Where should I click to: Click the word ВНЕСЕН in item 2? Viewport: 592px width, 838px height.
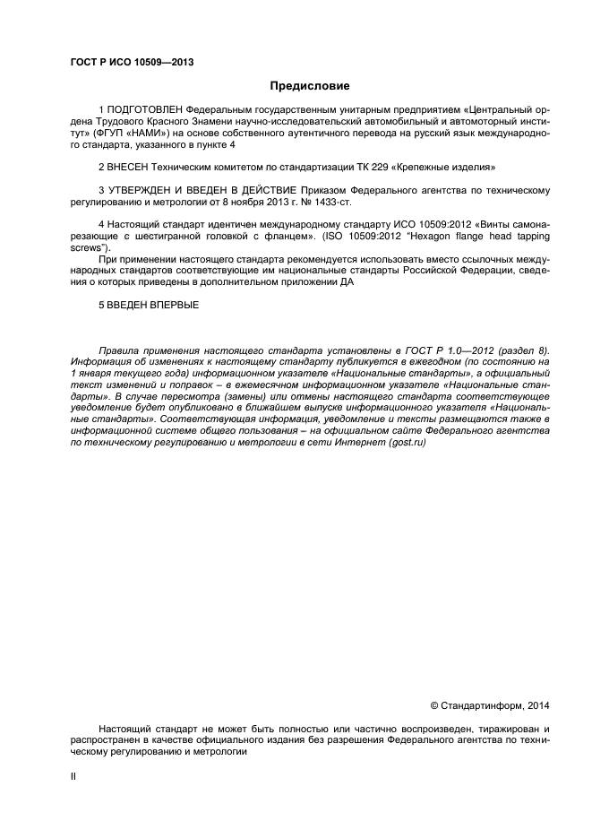131,168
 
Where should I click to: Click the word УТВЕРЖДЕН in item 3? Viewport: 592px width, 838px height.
145,191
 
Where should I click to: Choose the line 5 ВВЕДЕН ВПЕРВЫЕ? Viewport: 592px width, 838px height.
148,306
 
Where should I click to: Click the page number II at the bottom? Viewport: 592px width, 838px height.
73,777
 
